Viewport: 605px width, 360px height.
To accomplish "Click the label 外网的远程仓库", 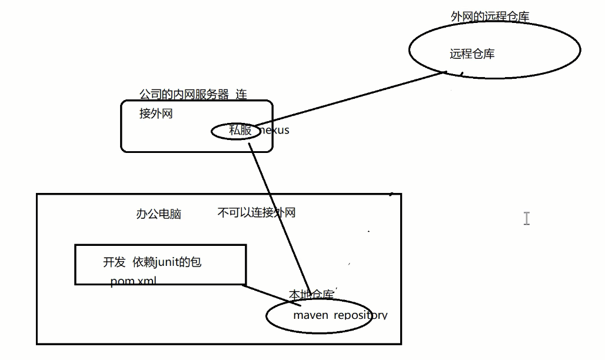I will pos(490,16).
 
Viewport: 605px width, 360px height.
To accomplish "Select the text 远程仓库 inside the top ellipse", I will pos(472,54).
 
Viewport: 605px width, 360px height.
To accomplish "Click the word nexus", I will pos(275,131).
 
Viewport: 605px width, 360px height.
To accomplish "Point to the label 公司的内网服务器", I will pos(184,94).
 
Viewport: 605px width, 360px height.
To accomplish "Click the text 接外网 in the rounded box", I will pos(156,114).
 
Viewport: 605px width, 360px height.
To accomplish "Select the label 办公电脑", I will pos(158,214).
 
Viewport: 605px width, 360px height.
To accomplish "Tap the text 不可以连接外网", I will pos(256,213).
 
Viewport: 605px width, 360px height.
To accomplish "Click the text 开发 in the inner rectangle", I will pos(114,262).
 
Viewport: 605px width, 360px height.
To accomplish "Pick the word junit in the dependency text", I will pos(168,262).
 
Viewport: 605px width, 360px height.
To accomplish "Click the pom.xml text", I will pos(133,281).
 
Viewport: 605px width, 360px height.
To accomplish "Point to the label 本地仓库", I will pos(311,294).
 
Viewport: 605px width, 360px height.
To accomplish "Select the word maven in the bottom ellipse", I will pos(310,315).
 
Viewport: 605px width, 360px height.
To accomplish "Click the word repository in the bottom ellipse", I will pos(360,315).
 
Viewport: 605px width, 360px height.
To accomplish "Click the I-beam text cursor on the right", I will pos(526,219).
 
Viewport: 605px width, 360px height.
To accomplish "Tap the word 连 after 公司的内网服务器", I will pos(241,94).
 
